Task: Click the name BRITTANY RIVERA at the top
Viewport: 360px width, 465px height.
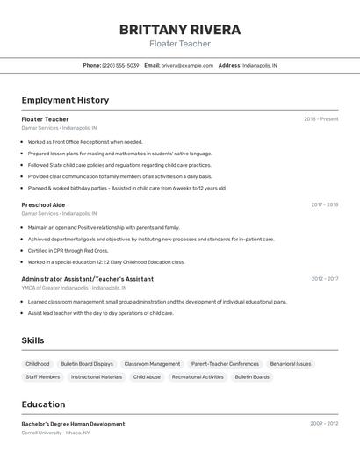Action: (x=180, y=30)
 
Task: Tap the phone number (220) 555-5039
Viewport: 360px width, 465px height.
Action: (x=120, y=65)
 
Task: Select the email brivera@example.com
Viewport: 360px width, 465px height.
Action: (x=187, y=65)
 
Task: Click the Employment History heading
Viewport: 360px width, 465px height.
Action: (x=65, y=100)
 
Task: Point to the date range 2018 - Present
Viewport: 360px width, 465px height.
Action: (x=321, y=118)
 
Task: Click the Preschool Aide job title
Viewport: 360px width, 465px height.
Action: (x=43, y=204)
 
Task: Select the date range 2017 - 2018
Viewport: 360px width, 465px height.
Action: (x=324, y=204)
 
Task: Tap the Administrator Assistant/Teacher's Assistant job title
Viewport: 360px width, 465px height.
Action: (x=87, y=279)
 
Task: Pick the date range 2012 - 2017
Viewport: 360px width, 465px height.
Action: (x=324, y=279)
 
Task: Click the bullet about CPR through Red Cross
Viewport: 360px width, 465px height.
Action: (x=61, y=250)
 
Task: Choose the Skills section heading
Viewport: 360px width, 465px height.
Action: (x=33, y=340)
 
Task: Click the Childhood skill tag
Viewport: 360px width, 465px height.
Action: (x=38, y=364)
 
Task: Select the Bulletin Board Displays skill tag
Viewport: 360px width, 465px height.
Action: (x=87, y=364)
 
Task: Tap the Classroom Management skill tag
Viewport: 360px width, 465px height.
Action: (x=152, y=364)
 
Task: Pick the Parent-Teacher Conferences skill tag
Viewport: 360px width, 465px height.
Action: (x=225, y=364)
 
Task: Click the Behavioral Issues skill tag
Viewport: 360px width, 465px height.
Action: (x=291, y=364)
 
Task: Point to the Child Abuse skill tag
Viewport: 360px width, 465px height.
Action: (x=147, y=377)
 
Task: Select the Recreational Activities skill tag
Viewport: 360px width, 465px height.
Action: (x=198, y=377)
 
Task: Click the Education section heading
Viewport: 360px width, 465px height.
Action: (x=43, y=404)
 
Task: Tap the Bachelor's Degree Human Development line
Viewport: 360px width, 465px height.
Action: (x=73, y=424)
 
